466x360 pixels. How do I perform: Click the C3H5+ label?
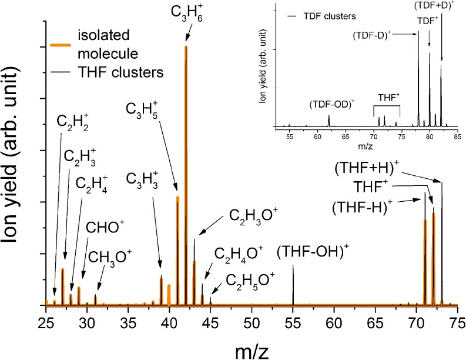point(140,110)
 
